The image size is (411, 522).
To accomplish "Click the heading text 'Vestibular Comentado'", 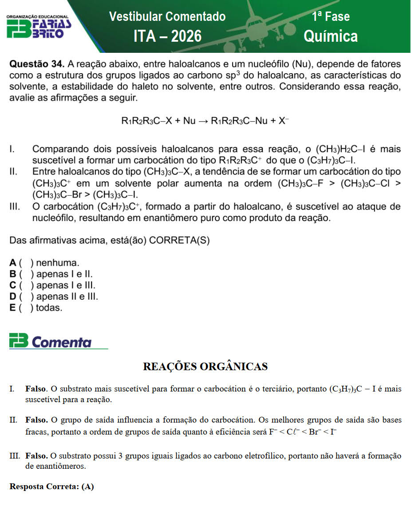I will click(167, 17).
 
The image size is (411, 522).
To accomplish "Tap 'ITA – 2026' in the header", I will click(167, 36).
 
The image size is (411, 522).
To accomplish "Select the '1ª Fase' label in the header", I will click(331, 17).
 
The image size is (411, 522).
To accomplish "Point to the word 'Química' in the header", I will click(331, 36).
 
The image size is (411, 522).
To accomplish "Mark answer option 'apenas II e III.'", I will click(67, 297).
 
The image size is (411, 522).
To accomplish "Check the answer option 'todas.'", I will click(49, 308).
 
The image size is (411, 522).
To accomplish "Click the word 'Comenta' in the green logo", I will click(62, 342).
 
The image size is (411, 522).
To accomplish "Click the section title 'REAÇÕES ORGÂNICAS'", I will click(205, 366).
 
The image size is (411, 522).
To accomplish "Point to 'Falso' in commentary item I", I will click(36, 389).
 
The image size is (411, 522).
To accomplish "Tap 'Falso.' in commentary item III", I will click(37, 456).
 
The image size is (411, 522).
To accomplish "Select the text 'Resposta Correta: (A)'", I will click(51, 486).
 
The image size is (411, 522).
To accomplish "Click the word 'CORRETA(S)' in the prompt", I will click(179, 241).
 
